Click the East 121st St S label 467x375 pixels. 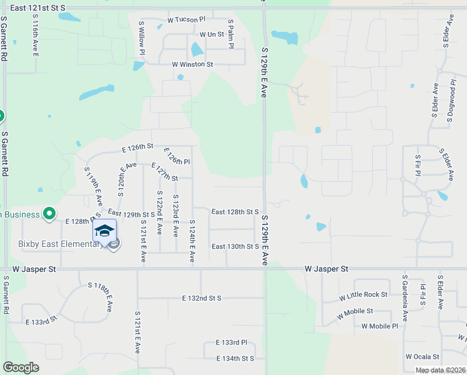tap(38, 6)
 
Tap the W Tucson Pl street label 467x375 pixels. tap(186, 20)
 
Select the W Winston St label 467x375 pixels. tap(193, 64)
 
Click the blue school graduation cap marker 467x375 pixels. tap(104, 231)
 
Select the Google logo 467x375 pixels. tap(21, 367)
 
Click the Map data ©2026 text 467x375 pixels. tap(440, 370)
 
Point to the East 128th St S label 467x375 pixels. tap(235, 212)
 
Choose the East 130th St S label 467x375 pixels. tap(235, 246)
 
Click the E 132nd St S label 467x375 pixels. tap(202, 298)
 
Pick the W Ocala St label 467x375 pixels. tap(425, 356)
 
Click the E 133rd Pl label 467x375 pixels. tap(231, 342)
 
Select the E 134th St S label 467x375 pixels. tap(235, 358)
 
